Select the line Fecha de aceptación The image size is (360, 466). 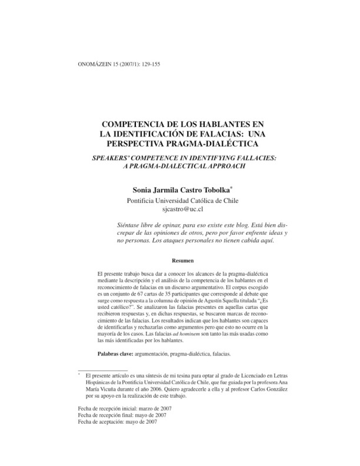coord(117,422)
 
